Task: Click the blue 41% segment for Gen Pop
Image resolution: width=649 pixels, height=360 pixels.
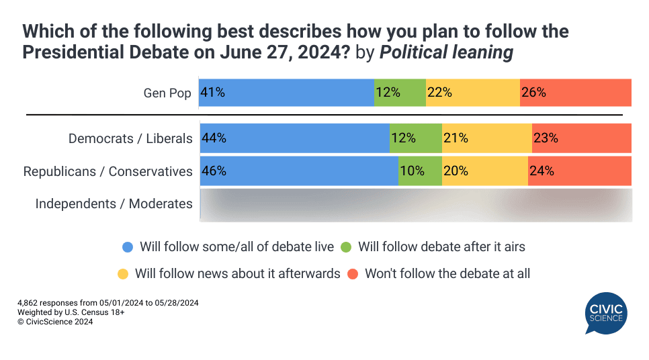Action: (287, 93)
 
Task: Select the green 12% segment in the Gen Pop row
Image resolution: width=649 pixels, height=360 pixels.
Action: (400, 93)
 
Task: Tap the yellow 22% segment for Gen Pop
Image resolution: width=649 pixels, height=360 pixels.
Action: (472, 93)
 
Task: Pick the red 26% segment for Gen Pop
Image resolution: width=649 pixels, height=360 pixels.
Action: (575, 93)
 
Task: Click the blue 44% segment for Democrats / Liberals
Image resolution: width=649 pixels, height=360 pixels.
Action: (294, 138)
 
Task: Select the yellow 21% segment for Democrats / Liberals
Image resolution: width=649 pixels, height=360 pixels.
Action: (486, 138)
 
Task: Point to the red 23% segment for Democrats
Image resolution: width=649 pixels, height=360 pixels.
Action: (581, 138)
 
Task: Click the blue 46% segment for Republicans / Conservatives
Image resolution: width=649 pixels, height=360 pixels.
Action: (299, 171)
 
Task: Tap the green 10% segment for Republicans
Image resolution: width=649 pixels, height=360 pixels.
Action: (420, 171)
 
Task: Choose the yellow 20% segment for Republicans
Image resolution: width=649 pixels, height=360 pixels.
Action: (484, 171)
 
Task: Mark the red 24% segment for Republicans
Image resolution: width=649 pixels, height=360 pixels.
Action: (579, 171)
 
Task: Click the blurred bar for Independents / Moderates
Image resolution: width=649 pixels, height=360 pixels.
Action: (415, 204)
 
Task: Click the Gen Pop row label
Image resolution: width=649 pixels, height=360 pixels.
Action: (167, 93)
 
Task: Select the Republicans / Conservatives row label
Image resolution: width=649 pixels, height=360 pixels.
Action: (107, 171)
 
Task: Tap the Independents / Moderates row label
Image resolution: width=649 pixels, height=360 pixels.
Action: (114, 204)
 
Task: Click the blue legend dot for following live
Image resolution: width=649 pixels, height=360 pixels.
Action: (128, 247)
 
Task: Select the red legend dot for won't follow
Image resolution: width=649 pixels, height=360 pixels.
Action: (353, 274)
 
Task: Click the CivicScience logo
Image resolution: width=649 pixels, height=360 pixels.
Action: (606, 313)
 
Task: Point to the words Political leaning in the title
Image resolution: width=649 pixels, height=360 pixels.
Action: (446, 52)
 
